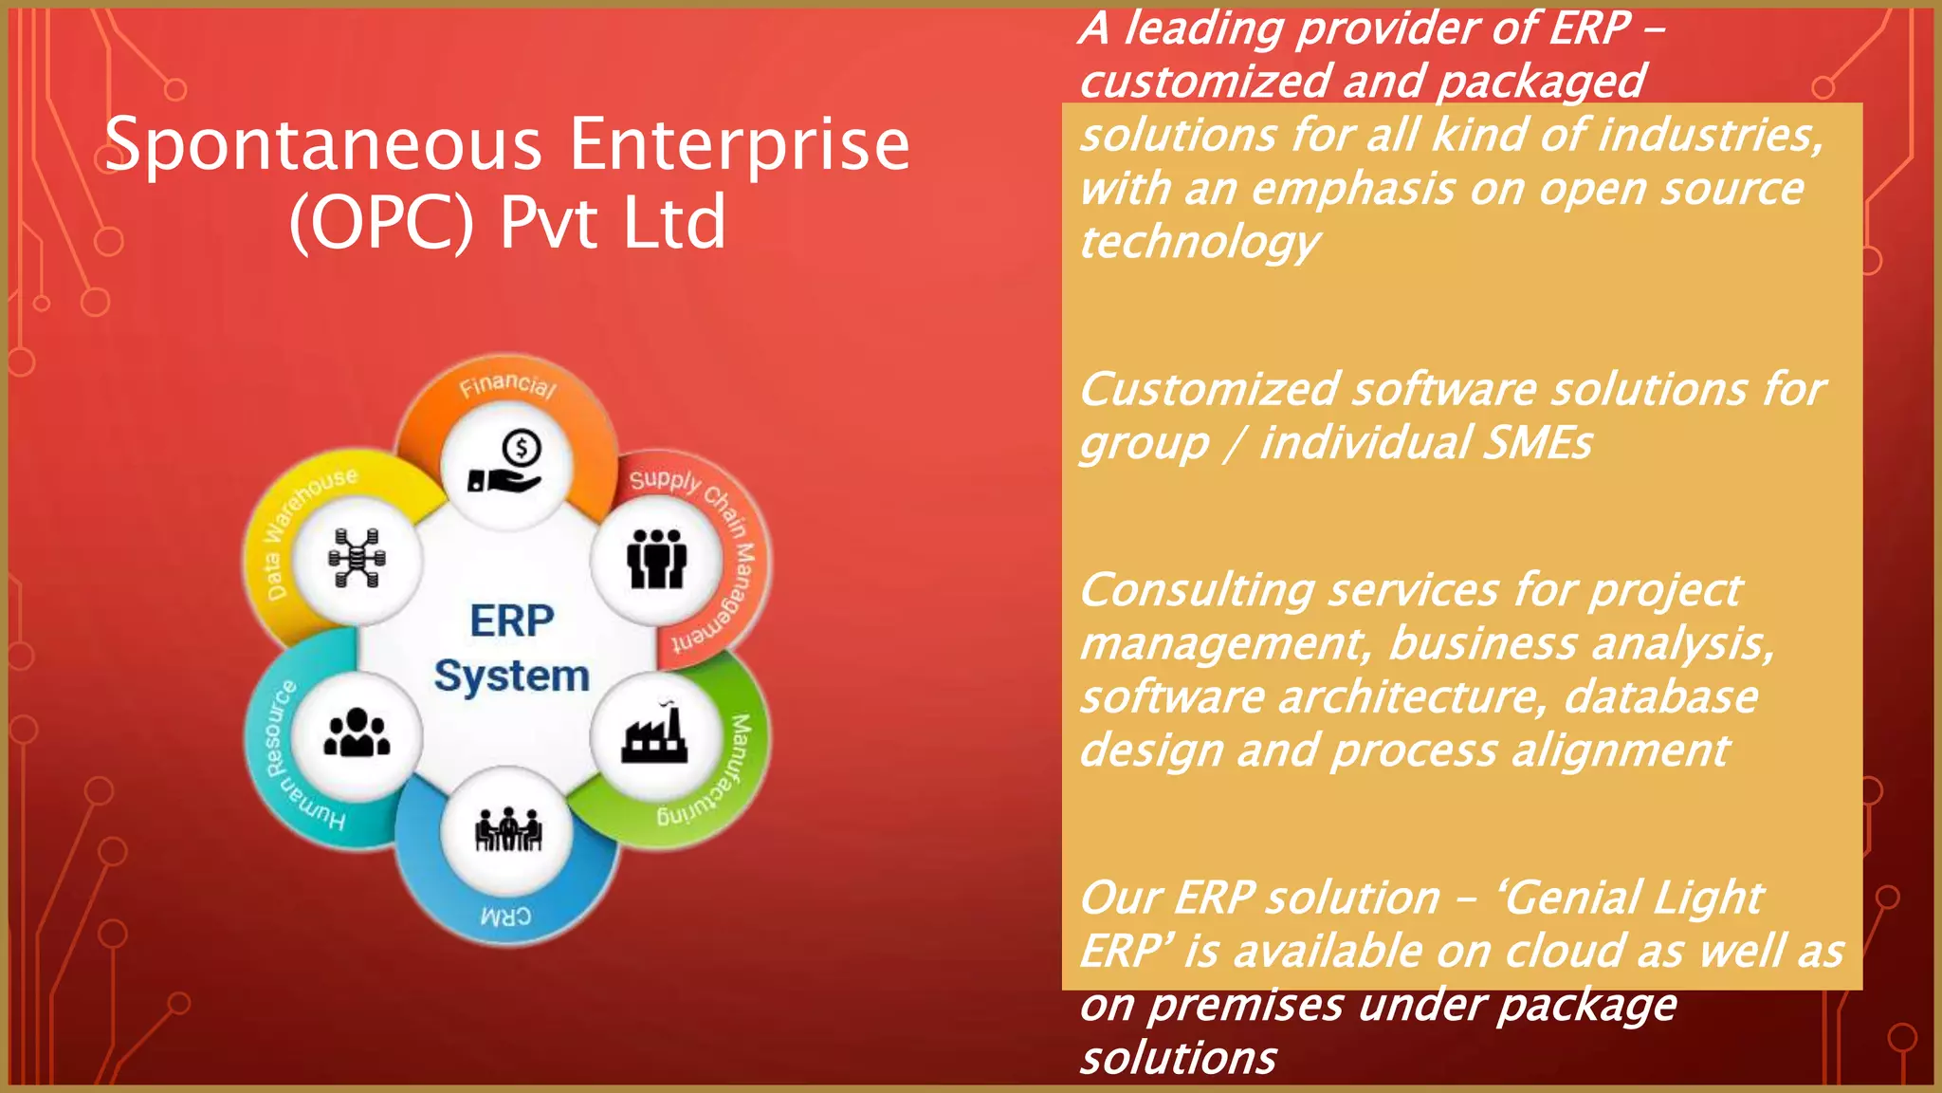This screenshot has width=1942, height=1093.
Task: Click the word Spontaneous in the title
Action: (x=322, y=145)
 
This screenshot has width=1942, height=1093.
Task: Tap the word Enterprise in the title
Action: (x=740, y=145)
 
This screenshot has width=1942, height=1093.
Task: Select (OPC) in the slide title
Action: (x=381, y=223)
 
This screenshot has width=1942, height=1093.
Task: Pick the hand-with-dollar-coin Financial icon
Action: (x=506, y=464)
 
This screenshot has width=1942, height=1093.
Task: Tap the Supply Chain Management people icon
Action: (x=656, y=559)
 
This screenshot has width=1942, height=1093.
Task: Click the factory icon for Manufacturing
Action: (x=654, y=736)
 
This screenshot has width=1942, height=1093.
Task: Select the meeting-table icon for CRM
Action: (x=508, y=831)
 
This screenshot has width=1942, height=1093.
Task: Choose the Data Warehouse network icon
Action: (x=357, y=558)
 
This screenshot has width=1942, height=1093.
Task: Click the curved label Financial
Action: (x=507, y=385)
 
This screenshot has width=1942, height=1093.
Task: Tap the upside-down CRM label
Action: (x=505, y=917)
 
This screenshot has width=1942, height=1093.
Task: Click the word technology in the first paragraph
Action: (x=1199, y=243)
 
